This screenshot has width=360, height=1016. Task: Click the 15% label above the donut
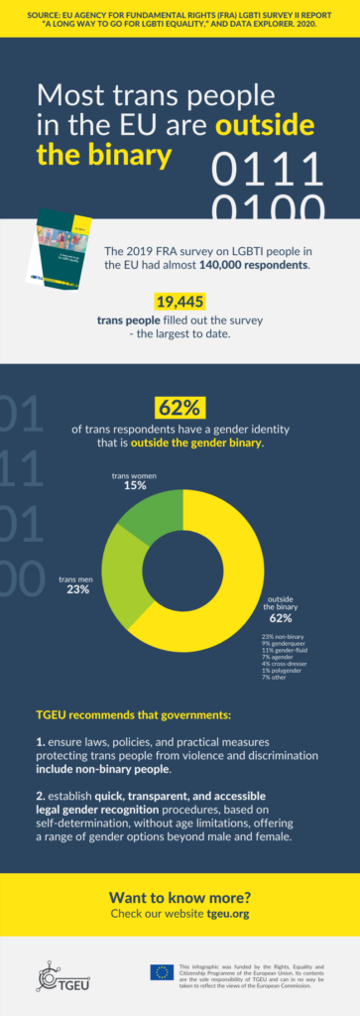click(135, 486)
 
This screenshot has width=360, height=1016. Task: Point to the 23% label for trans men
click(78, 589)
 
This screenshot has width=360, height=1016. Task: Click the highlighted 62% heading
click(180, 408)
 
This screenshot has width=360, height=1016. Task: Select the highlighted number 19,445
click(180, 303)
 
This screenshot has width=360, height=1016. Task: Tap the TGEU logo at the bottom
click(59, 977)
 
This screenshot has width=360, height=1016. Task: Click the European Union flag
click(162, 972)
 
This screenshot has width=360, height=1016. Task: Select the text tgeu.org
click(228, 913)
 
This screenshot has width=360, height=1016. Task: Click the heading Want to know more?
click(180, 895)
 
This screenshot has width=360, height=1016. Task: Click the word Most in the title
click(70, 97)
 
